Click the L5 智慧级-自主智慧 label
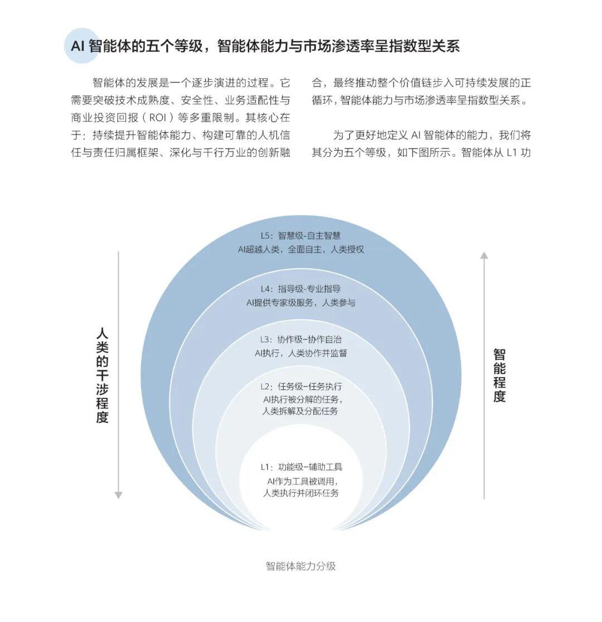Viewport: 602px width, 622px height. [x=300, y=235]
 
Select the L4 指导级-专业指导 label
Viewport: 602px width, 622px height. [x=300, y=289]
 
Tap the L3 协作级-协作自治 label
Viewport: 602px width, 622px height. [x=300, y=339]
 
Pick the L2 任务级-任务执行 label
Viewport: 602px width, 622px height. [x=300, y=386]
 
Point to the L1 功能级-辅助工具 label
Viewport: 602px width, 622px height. [x=300, y=467]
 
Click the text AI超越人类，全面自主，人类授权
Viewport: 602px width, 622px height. [x=300, y=249]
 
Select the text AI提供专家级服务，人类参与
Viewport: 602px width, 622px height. [x=300, y=303]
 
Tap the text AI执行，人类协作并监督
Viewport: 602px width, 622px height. [x=300, y=353]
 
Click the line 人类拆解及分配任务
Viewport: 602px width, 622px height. [x=300, y=412]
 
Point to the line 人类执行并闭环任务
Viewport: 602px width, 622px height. [x=300, y=493]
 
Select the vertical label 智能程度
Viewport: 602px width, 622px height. [x=499, y=375]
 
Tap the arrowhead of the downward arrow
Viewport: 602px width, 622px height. [x=118, y=494]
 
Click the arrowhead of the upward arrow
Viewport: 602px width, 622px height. [x=484, y=255]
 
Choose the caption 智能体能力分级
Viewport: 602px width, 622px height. [x=300, y=566]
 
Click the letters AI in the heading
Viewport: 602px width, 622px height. [x=77, y=46]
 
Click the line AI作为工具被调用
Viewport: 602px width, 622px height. [x=300, y=481]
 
